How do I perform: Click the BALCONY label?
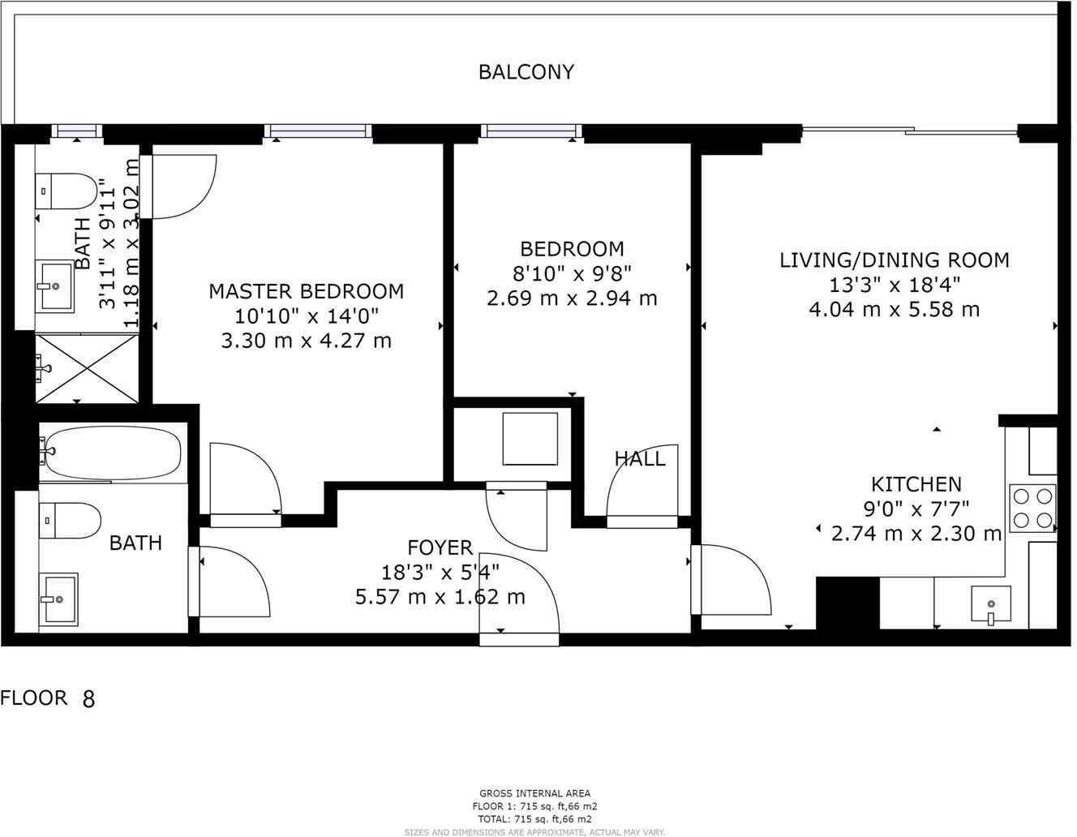tap(526, 72)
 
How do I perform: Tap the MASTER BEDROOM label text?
tap(306, 291)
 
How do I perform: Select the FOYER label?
tap(440, 548)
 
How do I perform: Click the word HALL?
tap(639, 459)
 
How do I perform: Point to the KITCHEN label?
tap(916, 485)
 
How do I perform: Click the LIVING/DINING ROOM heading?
tap(894, 260)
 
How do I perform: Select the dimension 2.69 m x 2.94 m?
tap(571, 298)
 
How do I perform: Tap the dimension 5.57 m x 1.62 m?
tap(440, 598)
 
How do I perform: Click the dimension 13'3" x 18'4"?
tap(894, 285)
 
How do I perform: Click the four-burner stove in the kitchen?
tap(1032, 507)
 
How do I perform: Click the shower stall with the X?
tap(87, 368)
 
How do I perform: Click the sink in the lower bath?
tap(58, 599)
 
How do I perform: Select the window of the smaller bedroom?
tap(531, 131)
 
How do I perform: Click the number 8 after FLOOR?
tap(88, 699)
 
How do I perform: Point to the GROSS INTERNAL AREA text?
tap(534, 793)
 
